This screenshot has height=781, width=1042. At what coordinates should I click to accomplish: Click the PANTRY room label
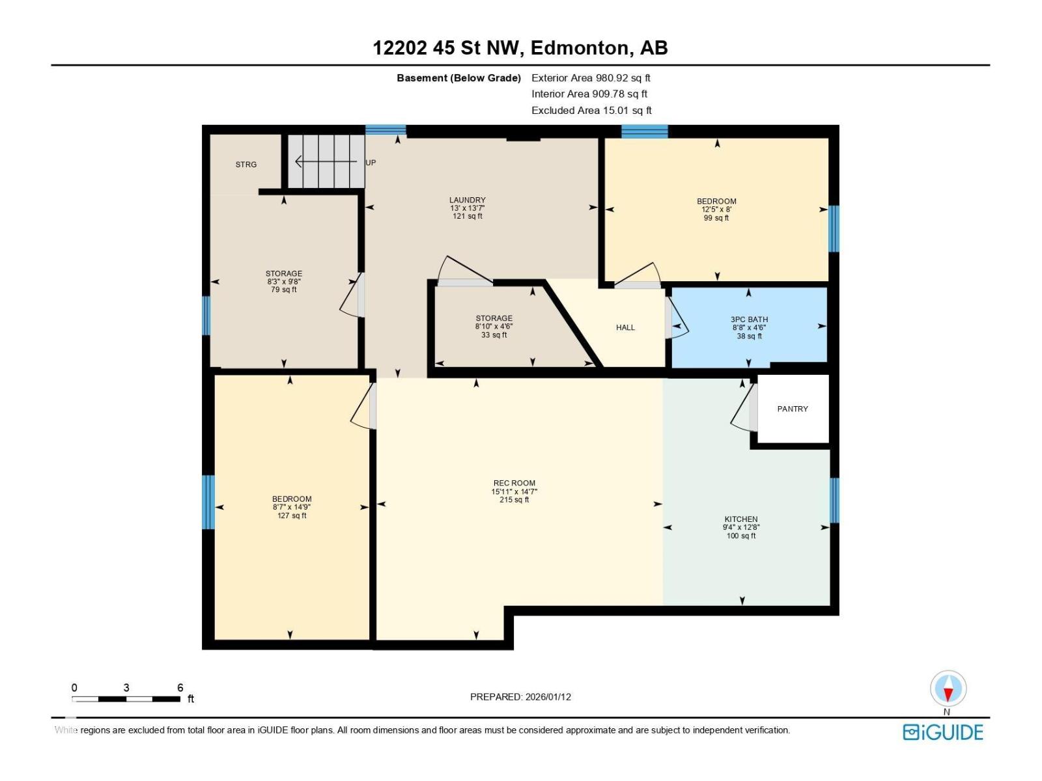click(792, 409)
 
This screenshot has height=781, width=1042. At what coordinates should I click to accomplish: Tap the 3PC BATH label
click(749, 320)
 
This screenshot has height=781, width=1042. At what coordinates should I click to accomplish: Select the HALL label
click(625, 327)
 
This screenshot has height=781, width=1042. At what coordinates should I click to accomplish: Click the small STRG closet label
click(246, 165)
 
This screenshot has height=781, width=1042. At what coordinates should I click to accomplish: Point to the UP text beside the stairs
click(371, 163)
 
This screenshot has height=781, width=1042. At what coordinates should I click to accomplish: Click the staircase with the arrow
click(326, 161)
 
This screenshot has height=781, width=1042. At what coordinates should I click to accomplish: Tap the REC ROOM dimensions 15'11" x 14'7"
click(514, 492)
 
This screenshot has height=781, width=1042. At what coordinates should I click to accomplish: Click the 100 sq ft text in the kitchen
click(741, 536)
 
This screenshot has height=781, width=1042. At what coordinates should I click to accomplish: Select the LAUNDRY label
click(467, 200)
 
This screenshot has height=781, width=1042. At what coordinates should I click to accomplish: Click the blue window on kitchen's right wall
click(834, 500)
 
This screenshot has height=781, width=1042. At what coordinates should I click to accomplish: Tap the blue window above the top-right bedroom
click(644, 131)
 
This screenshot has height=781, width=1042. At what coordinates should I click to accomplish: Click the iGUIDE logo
click(942, 732)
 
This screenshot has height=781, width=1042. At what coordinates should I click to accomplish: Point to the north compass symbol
click(948, 689)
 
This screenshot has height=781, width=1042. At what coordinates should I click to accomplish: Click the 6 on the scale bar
click(180, 687)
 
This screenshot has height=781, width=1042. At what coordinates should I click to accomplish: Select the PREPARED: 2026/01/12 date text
click(520, 696)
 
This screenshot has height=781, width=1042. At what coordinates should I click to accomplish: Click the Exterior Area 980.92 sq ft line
click(591, 77)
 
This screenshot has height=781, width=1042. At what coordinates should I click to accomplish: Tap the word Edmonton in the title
click(580, 48)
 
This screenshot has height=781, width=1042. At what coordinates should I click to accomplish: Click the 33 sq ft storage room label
click(494, 335)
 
